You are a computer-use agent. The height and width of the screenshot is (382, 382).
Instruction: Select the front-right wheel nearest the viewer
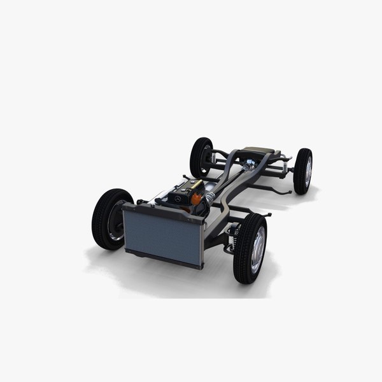250,248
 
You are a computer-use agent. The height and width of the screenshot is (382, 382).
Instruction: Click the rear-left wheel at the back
201,157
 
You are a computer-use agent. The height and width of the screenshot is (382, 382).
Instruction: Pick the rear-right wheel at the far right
303,171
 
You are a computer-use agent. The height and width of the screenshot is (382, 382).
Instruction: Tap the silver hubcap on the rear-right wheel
308,171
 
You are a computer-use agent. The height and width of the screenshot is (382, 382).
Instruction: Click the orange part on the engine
197,199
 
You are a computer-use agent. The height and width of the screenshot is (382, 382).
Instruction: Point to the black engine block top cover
181,191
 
